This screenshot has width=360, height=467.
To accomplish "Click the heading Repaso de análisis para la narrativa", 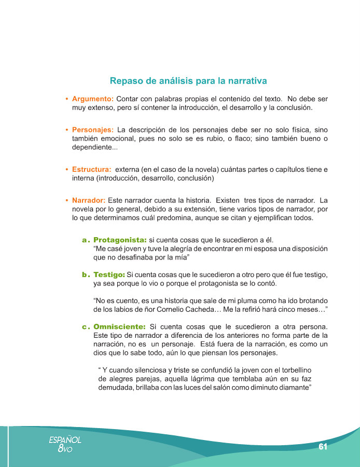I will [188, 81].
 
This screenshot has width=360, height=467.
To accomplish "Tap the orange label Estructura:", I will [91, 169].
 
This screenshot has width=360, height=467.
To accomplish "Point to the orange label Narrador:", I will [89, 200].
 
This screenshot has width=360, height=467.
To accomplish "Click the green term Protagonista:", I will [120, 240].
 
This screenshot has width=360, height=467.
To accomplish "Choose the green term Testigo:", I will [109, 274].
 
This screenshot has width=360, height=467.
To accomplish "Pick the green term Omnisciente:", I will [119, 327].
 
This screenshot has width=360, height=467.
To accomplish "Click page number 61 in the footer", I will [323, 447].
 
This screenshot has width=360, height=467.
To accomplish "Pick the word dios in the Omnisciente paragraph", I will [102, 353].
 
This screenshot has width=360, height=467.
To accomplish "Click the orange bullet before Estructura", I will [67, 170].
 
